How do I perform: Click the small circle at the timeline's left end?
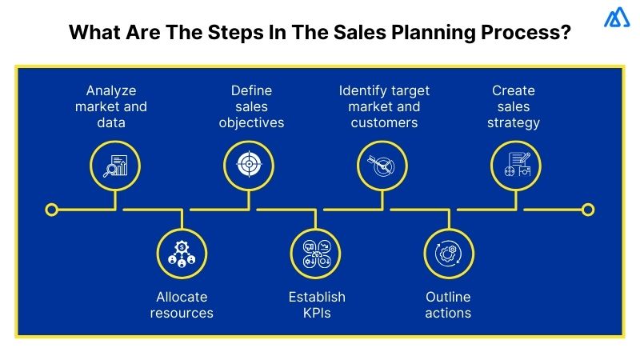52,210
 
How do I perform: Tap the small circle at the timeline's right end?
588,210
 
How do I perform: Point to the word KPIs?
317,313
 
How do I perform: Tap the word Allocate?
182,297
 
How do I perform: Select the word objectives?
251,123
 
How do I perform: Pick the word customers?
384,123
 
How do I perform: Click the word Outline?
448,297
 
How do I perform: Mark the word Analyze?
112,90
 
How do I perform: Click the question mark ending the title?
565,35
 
